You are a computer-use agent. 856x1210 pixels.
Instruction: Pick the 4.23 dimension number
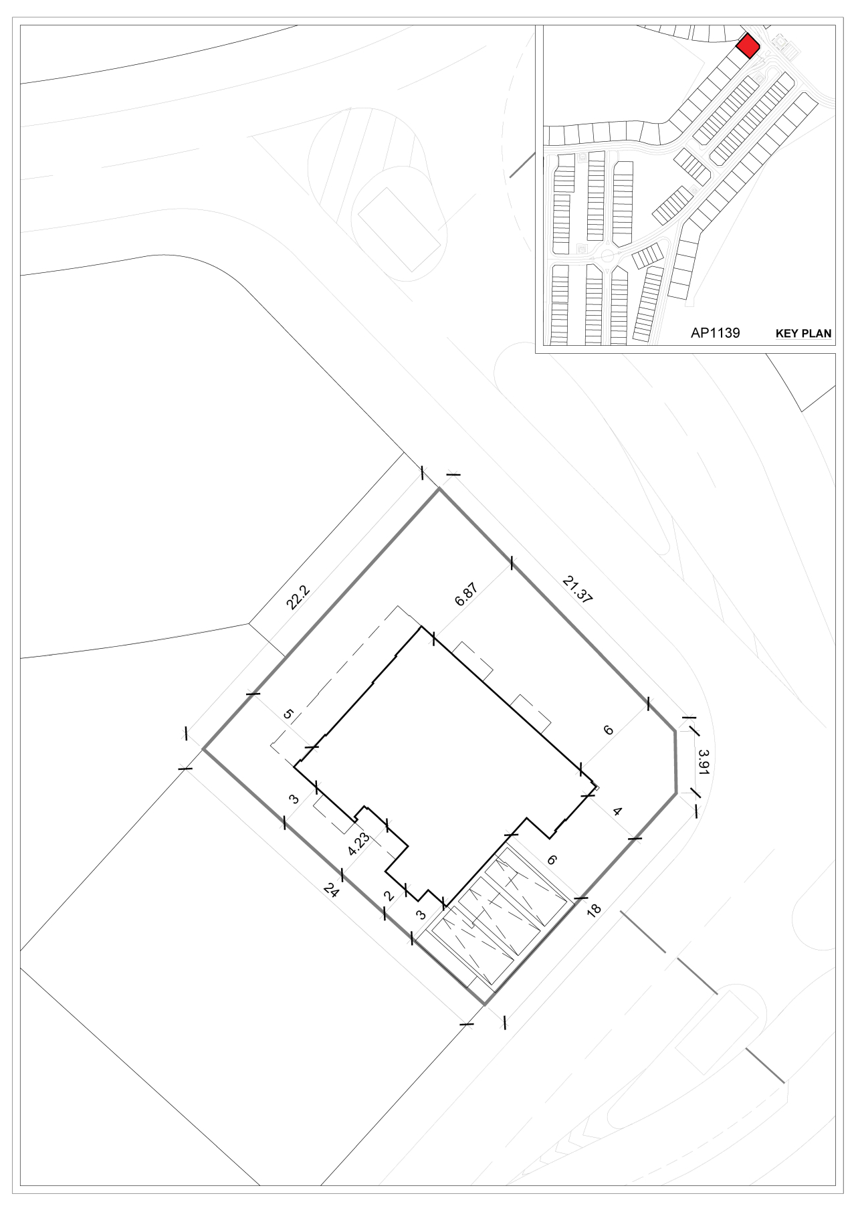[359, 844]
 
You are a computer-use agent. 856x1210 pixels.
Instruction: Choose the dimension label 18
[593, 909]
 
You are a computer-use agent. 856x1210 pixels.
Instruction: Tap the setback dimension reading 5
[288, 714]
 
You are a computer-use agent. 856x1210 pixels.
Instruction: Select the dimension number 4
[618, 812]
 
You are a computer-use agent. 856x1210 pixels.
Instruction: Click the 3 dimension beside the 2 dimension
[421, 915]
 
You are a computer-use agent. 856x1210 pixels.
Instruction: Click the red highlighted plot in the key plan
[747, 46]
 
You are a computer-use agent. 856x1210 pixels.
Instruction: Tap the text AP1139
[715, 332]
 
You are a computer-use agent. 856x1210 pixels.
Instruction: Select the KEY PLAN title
[803, 333]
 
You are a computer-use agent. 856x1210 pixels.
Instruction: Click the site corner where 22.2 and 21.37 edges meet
[439, 489]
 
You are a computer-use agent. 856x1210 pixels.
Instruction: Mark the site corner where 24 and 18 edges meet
[485, 1004]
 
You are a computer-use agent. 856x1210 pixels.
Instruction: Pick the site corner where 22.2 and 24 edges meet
[203, 749]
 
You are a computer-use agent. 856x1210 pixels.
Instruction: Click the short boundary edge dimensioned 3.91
[675, 763]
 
